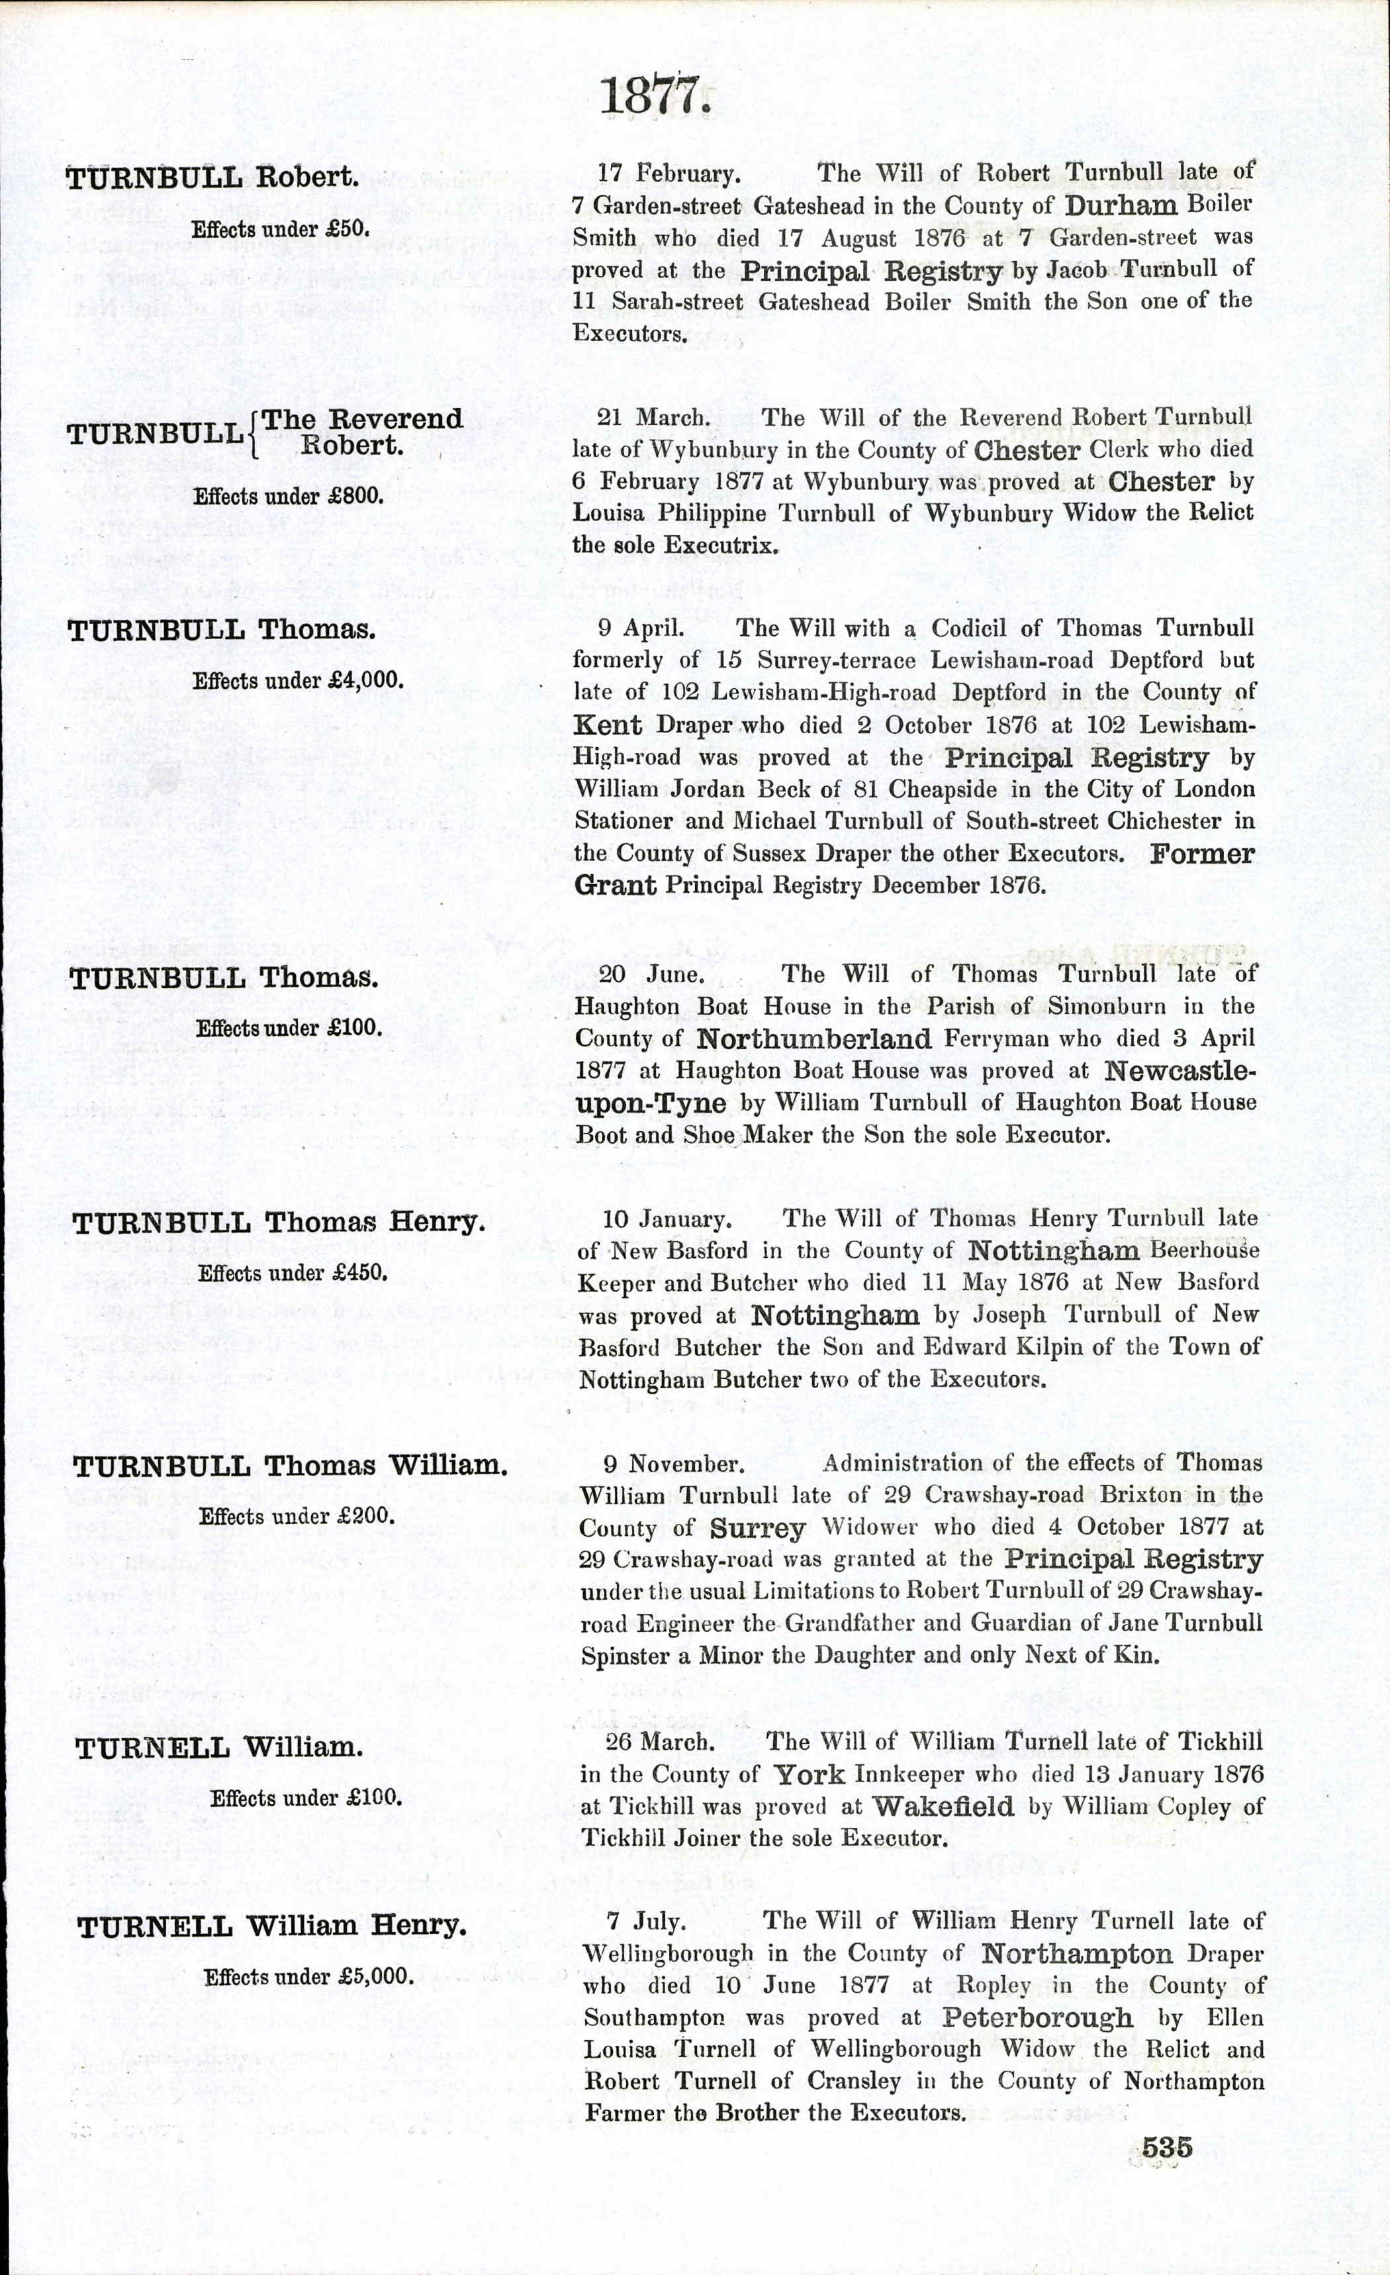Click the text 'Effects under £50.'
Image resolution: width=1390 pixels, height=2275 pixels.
pos(280,229)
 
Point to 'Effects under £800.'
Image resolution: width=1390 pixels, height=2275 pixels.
pos(288,496)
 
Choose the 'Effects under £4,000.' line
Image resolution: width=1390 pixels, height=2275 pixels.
pos(298,682)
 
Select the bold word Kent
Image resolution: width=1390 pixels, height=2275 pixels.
pos(608,725)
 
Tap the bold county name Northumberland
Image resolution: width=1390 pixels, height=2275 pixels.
pos(813,1040)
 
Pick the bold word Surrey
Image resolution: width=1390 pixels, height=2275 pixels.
pos(757,1528)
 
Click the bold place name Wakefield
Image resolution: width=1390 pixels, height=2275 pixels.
pos(943,1806)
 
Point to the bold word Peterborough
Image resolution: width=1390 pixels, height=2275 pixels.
pos(1037,2017)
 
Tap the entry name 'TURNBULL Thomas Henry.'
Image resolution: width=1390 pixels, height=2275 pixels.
pos(278,1223)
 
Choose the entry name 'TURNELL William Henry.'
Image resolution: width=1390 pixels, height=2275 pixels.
pos(271,1927)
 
